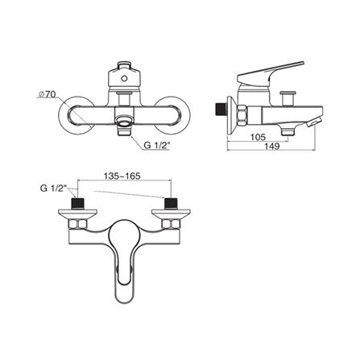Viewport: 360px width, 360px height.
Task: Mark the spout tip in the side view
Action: click(316, 122)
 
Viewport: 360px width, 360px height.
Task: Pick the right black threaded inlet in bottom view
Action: click(171, 204)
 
